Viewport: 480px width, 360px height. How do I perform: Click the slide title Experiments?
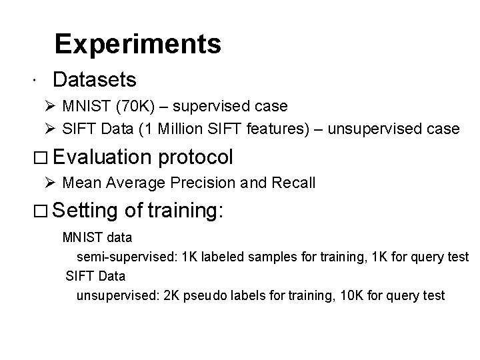[137, 44]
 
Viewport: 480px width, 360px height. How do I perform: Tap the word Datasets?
[95, 80]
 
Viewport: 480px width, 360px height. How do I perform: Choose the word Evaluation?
[103, 157]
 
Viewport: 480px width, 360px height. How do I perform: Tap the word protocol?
[196, 158]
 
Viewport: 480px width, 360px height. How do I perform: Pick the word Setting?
[86, 211]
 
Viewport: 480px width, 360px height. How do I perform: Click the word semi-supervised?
[117, 256]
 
